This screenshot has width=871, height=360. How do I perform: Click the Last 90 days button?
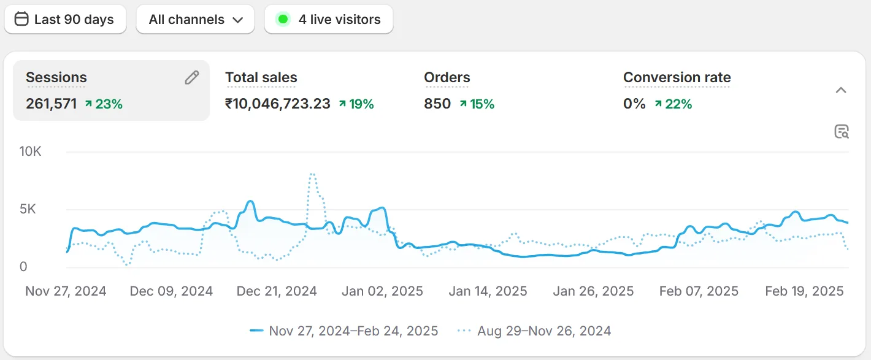click(x=65, y=20)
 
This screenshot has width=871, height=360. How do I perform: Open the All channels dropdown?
click(x=195, y=20)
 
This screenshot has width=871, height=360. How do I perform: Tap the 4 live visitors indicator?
click(x=329, y=20)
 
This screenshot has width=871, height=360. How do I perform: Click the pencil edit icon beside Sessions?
click(x=192, y=77)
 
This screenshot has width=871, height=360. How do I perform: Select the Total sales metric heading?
click(x=261, y=78)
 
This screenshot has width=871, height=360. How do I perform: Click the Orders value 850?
click(x=437, y=104)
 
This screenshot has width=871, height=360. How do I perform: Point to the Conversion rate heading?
click(x=677, y=78)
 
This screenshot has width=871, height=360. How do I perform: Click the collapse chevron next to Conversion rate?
click(x=841, y=90)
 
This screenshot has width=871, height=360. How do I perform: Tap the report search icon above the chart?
click(x=842, y=131)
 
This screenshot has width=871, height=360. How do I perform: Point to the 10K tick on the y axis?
click(x=31, y=151)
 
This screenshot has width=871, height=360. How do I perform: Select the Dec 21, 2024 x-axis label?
click(x=277, y=291)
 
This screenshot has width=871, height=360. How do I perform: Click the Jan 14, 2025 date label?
click(x=488, y=291)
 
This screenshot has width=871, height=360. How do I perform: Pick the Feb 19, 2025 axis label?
click(x=805, y=291)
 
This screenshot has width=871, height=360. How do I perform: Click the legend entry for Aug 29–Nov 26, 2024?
click(x=534, y=331)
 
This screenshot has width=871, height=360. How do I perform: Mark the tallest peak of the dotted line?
click(x=312, y=174)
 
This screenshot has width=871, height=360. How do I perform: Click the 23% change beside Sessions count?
click(x=104, y=104)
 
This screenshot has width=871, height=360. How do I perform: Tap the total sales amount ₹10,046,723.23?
click(x=278, y=104)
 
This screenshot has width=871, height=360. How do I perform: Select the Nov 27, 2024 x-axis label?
click(x=66, y=291)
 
